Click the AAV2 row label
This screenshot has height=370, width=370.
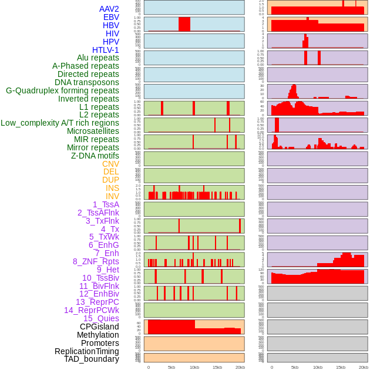point(109,9)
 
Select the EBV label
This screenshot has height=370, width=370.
point(111,17)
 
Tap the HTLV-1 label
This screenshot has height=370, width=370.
point(106,50)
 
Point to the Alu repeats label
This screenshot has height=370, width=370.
point(98,58)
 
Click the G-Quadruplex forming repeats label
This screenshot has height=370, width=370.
point(62,90)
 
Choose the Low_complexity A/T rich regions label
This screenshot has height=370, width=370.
point(60,123)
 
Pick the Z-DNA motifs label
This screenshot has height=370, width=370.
point(95,156)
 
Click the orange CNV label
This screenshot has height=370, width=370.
point(110,164)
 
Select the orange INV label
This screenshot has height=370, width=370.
point(112,196)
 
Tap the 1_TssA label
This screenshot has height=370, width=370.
point(106,204)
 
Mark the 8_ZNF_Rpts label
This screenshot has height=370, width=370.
point(96,261)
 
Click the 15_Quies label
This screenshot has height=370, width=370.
point(101,318)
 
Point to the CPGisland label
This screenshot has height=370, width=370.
point(99,327)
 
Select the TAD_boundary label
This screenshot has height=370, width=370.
point(92,359)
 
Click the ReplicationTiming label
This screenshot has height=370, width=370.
point(87,351)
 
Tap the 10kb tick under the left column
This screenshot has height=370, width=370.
point(194,367)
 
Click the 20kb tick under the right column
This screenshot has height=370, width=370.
point(364,367)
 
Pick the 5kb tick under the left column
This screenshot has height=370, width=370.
point(171,367)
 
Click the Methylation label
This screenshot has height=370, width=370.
point(94,335)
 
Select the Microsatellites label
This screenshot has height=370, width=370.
point(93,131)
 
